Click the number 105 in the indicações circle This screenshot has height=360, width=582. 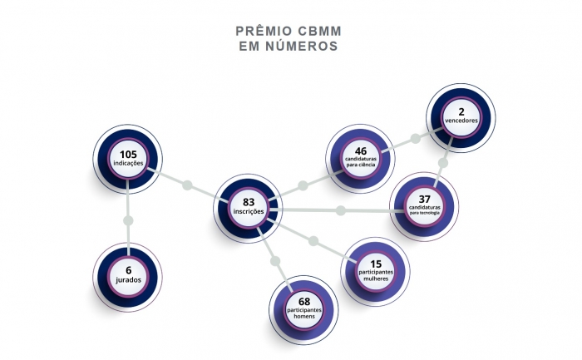[128, 154]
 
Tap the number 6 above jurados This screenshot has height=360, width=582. [129, 269]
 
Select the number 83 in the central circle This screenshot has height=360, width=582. [249, 202]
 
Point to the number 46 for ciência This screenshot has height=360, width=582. [361, 150]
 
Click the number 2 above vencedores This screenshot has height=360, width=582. [461, 110]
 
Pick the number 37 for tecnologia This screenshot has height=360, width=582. [424, 199]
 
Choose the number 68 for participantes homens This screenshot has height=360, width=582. [304, 301]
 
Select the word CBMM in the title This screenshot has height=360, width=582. [319, 32]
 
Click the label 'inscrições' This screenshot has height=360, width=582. [249, 212]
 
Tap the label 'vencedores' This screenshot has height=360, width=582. [461, 121]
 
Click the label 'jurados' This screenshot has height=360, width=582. [129, 280]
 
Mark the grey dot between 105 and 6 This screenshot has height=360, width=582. [128, 220]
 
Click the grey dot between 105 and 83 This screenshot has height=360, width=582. [188, 184]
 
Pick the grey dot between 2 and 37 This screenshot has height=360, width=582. [443, 163]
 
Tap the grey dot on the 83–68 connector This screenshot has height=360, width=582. [277, 261]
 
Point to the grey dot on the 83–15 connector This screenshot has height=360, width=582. [313, 241]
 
